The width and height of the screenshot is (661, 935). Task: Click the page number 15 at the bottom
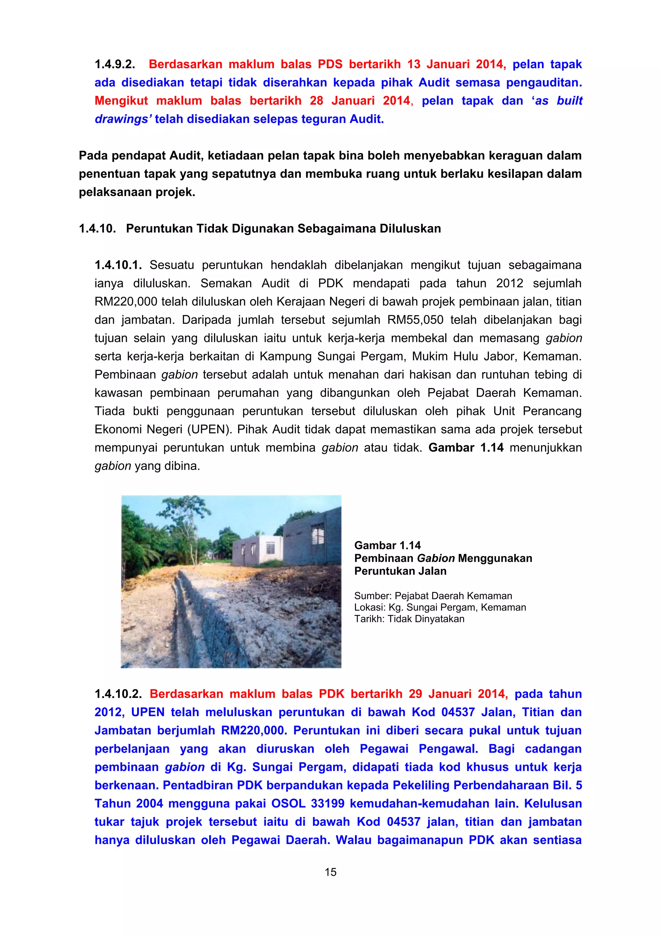(x=330, y=872)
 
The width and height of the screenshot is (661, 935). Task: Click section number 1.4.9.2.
(x=115, y=64)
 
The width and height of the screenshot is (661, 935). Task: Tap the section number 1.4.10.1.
(x=118, y=265)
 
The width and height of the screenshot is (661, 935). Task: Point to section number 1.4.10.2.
(x=118, y=694)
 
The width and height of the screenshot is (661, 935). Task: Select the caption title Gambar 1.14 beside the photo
(x=387, y=545)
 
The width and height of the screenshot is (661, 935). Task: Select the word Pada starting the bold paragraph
(x=93, y=156)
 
